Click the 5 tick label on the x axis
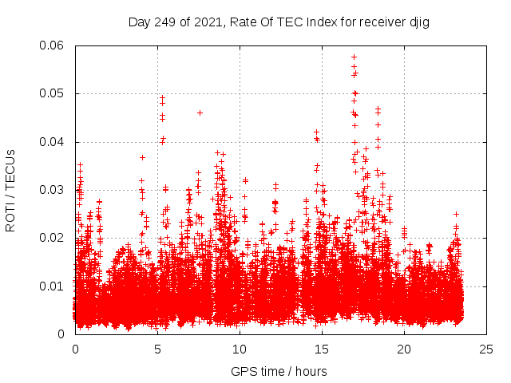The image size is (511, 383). (157, 349)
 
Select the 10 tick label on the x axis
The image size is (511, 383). (240, 349)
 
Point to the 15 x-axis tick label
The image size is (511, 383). (322, 349)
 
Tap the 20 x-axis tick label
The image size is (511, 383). (404, 349)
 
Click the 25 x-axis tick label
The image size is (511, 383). (486, 349)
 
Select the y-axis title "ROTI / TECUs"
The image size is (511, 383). (11, 190)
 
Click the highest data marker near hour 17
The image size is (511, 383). (354, 57)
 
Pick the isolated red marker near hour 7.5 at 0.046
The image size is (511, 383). (200, 113)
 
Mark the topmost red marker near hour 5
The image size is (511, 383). (162, 98)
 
